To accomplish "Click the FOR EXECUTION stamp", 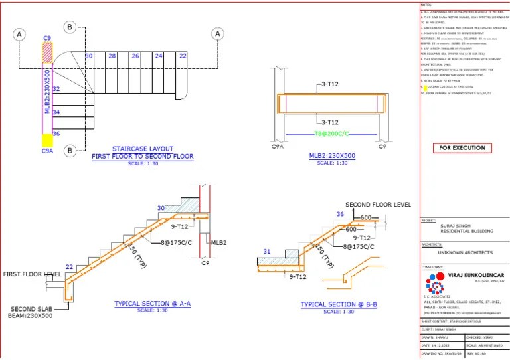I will tap(463, 147).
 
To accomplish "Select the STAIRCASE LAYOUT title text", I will tap(142, 149).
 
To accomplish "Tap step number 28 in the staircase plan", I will tap(112, 56).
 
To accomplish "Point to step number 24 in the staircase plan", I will tap(158, 56).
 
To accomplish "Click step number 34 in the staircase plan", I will tap(56, 112).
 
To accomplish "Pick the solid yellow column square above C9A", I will tap(47, 140).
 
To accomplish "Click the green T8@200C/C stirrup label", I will tap(331, 134).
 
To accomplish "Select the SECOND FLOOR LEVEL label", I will tap(378, 205).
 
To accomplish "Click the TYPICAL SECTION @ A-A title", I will tap(152, 304).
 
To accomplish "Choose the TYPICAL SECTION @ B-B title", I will tap(339, 304).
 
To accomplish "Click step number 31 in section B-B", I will tap(267, 251).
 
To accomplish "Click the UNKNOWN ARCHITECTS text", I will tap(465, 253).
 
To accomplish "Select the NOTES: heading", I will tap(426, 4).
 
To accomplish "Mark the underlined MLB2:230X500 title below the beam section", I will tap(331, 157).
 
